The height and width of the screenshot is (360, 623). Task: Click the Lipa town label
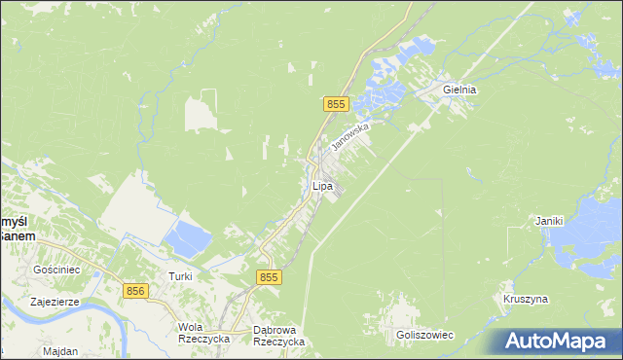tap(322, 185)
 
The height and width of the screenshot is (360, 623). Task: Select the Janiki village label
tap(549, 221)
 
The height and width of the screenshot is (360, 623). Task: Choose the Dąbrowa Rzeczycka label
tap(278, 336)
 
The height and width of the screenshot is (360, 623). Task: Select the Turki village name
tap(180, 276)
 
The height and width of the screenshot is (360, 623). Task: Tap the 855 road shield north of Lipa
tap(336, 103)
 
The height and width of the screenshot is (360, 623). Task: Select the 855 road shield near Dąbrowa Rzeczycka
tap(270, 277)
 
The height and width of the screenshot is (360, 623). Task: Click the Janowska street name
tap(350, 135)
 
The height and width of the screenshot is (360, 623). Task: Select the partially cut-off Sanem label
tap(17, 234)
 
